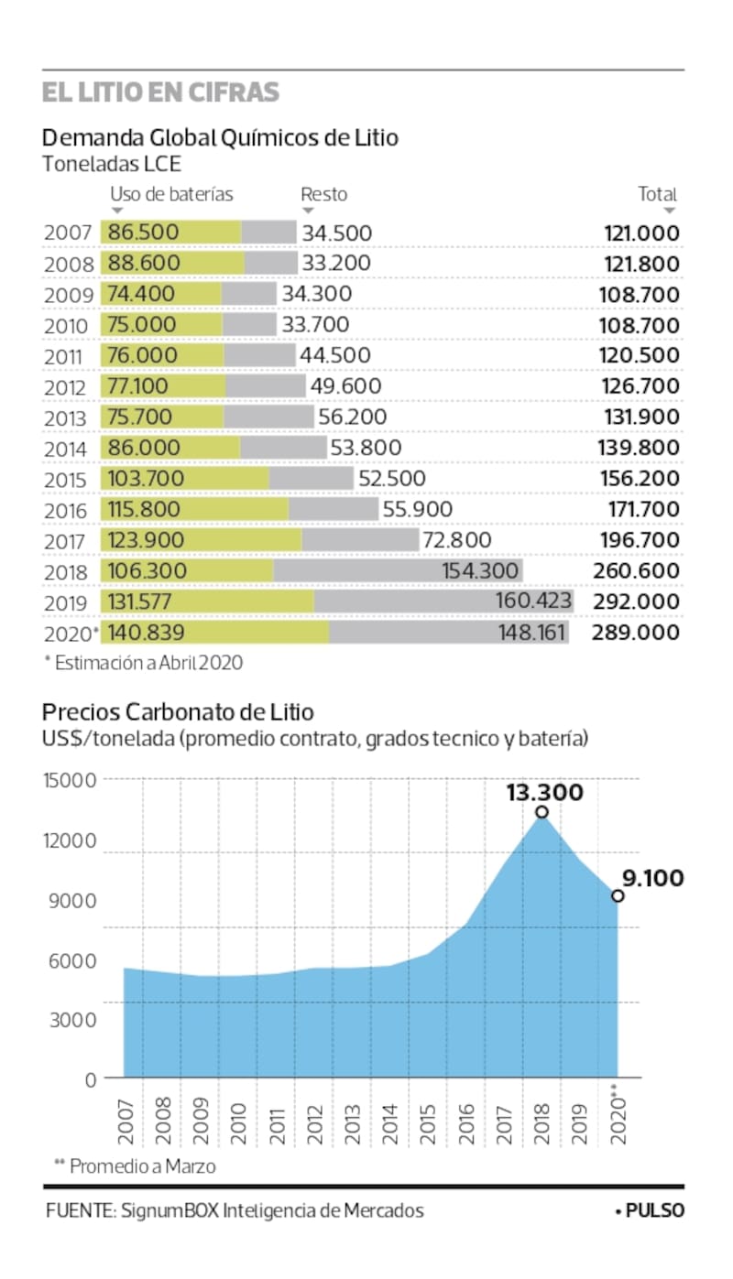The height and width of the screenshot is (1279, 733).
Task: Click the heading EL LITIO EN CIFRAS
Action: tap(160, 93)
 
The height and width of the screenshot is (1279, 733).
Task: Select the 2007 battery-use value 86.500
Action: tap(143, 233)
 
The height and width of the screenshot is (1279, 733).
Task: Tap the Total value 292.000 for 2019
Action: tap(641, 602)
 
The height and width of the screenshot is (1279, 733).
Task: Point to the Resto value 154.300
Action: tap(481, 571)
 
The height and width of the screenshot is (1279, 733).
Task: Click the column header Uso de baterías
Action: tap(171, 194)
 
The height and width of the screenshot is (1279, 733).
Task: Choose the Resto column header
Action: tap(324, 194)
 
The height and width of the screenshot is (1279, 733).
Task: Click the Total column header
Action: tap(657, 194)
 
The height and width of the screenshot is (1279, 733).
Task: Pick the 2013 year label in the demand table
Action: tap(69, 418)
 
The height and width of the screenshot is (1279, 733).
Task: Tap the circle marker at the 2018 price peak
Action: tap(542, 812)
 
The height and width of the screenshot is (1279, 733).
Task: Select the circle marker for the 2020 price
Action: tap(618, 895)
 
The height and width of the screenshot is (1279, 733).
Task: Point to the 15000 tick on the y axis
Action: tap(70, 780)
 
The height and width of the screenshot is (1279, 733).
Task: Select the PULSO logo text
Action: tap(653, 1210)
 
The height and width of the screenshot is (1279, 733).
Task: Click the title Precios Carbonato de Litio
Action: tap(178, 711)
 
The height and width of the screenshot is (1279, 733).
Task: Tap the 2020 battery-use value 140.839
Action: tap(146, 633)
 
